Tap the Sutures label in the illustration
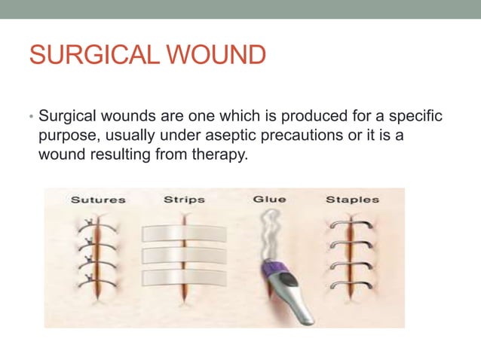pos(98,200)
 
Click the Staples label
pos(352,200)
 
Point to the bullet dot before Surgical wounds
pos(31,117)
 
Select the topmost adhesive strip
pos(184,232)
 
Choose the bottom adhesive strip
pos(184,277)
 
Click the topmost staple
pos(351,224)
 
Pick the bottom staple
pos(351,286)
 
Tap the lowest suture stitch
pos(94,283)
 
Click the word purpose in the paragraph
pos(67,136)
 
